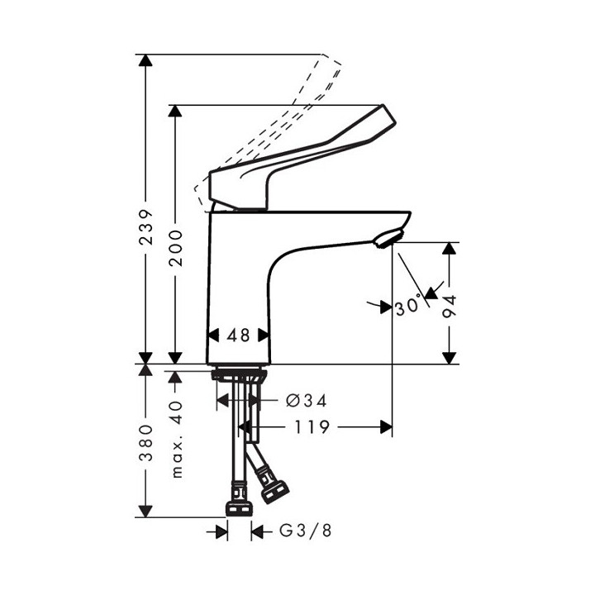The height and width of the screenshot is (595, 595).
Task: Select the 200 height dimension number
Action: coord(175,247)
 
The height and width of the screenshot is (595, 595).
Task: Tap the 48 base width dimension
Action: coord(238,336)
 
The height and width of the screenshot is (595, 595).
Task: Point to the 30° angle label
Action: coord(408,306)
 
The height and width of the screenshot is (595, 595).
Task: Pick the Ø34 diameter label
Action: coord(306,401)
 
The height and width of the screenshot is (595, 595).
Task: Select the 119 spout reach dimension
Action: coord(314,427)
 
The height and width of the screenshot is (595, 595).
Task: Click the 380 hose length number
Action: coord(145,445)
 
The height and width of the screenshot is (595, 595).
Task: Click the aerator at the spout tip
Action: coord(386,240)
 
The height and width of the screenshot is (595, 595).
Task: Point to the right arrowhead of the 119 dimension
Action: coord(385,427)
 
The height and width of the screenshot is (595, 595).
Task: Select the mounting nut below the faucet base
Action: coord(238,376)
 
